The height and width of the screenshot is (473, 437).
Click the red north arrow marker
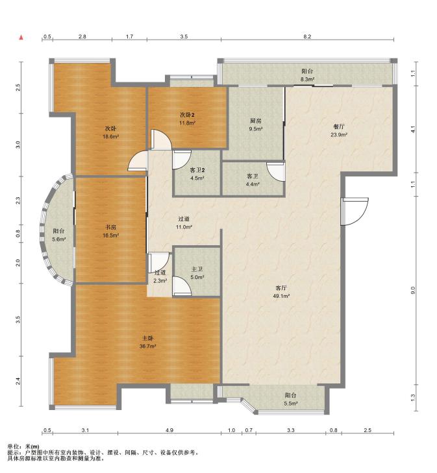click(21, 38)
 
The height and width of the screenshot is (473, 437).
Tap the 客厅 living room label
click(281, 288)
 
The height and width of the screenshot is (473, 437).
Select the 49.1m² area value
click(281, 297)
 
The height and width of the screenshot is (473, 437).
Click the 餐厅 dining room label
click(338, 127)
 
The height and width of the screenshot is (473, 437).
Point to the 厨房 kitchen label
click(255, 121)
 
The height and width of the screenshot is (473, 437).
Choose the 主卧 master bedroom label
click(147, 339)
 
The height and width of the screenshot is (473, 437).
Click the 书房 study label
click(110, 227)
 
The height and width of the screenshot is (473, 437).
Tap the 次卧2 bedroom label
click(187, 115)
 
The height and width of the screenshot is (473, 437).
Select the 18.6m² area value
click(110, 136)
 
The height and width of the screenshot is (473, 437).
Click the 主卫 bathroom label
click(197, 269)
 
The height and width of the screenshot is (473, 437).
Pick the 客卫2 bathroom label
click(197, 170)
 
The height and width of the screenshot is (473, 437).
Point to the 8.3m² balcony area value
click(308, 79)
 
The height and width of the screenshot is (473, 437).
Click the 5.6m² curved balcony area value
click(59, 239)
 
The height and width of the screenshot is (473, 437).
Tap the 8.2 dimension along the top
click(307, 36)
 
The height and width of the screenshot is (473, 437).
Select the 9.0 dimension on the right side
click(413, 290)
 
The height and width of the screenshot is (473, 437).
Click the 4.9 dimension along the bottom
click(169, 430)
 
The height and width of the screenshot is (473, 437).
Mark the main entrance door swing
click(355, 212)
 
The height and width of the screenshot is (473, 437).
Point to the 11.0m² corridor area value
click(184, 227)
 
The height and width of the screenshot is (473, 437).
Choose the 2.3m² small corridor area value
click(160, 280)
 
